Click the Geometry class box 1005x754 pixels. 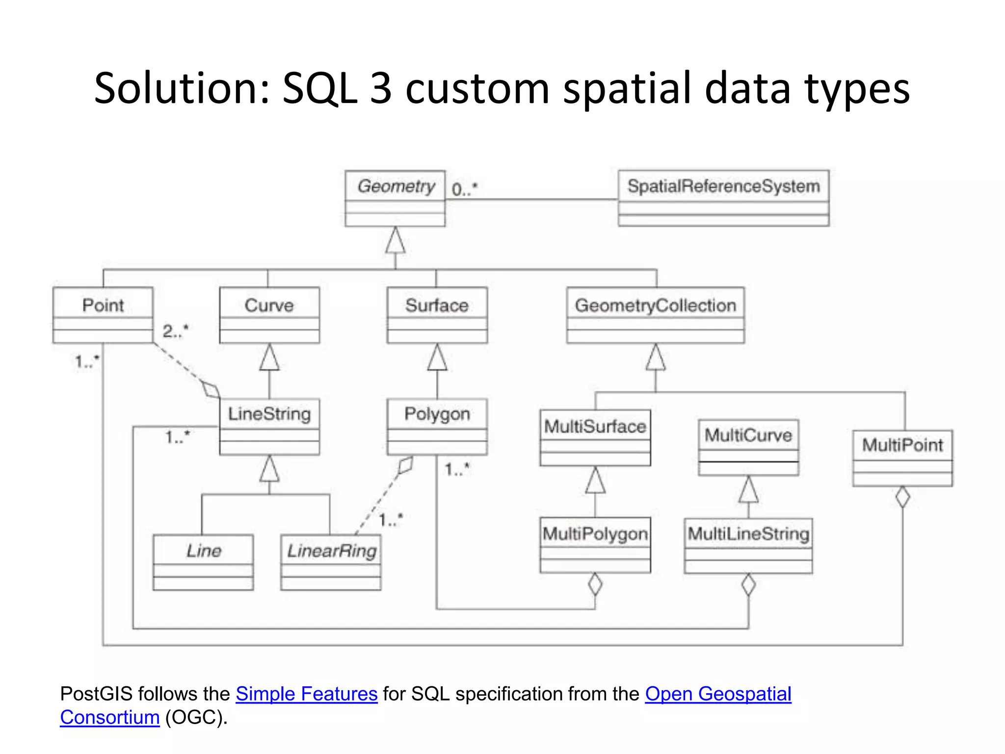pos(395,198)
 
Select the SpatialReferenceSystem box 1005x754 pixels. pos(723,198)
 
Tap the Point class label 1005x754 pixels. pos(103,305)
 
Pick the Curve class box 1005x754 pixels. pos(269,315)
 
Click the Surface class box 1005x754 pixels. pos(437,315)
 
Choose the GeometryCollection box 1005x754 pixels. pos(655,315)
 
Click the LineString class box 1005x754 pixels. pos(269,426)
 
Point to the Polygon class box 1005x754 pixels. pos(437,426)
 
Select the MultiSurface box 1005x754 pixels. pos(595,437)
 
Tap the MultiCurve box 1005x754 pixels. pos(748,447)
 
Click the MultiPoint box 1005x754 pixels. pos(902,458)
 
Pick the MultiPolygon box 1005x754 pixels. pos(595,544)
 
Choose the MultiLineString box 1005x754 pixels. pos(748,545)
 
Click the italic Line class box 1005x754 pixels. pos(203,562)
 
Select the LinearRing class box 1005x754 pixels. pos(331,562)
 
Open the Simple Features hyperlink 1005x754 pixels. pos(306,694)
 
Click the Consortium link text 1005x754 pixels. pos(110,717)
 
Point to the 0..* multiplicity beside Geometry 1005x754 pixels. pos(464,189)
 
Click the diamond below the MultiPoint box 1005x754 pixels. pos(902,497)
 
